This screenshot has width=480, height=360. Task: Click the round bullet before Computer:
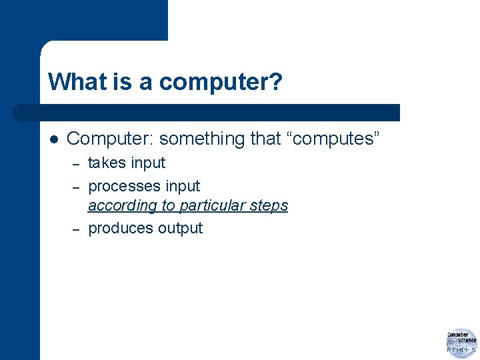pyautogui.click(x=55, y=139)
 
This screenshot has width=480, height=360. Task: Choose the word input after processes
pyautogui.click(x=183, y=186)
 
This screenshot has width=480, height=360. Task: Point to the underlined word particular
pyautogui.click(x=213, y=206)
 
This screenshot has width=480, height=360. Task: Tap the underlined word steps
pyautogui.click(x=269, y=206)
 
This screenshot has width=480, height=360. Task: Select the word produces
pyautogui.click(x=121, y=229)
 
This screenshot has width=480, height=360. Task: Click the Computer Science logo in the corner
pyautogui.click(x=461, y=343)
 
